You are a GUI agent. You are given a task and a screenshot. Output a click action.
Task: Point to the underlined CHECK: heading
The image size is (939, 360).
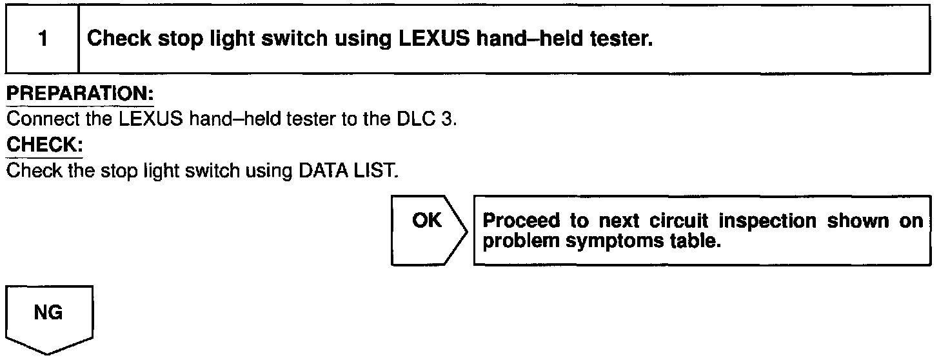(x=44, y=146)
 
